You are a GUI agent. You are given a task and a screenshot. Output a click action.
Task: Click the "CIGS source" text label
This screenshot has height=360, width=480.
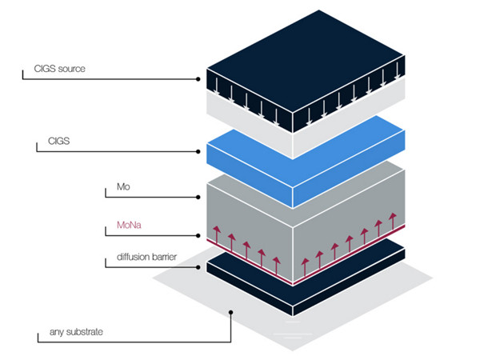[61, 70]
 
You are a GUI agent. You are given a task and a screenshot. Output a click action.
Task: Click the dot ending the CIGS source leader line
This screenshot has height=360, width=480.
[198, 78]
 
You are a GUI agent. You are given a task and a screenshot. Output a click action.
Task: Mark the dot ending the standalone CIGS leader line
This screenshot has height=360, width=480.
[198, 151]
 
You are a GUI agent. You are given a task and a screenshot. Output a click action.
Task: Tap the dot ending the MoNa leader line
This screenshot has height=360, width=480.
[198, 236]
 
